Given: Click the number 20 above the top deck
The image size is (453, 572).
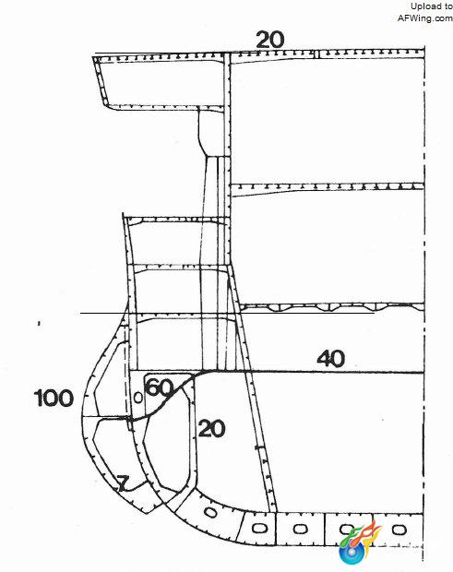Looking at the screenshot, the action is click(x=270, y=40).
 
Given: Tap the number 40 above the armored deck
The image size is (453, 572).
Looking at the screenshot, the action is click(x=330, y=358).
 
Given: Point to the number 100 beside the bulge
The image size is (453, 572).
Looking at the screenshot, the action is click(x=54, y=398).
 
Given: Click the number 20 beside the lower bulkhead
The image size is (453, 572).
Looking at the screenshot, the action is click(x=211, y=428).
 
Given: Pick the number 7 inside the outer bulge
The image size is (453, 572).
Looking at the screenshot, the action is click(x=124, y=483).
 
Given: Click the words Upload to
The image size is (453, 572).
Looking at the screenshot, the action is click(x=432, y=6).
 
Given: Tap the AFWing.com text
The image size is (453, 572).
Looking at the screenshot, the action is click(x=425, y=18).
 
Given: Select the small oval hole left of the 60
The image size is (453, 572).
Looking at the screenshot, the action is click(x=138, y=398).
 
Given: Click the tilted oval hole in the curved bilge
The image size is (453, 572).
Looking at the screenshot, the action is click(x=211, y=513).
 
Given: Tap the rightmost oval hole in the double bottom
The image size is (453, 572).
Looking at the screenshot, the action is click(x=399, y=530).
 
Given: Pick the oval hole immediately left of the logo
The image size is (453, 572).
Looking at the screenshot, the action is click(x=300, y=529).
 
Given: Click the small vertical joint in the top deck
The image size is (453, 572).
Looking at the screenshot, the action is click(x=316, y=54).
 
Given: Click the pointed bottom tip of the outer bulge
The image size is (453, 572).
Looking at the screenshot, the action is click(x=147, y=513).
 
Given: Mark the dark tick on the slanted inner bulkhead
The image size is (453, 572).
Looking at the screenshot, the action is click(x=258, y=447).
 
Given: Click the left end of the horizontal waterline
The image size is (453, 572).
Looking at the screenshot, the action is click(x=80, y=313).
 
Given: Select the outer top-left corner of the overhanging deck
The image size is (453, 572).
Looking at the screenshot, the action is click(x=93, y=56).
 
